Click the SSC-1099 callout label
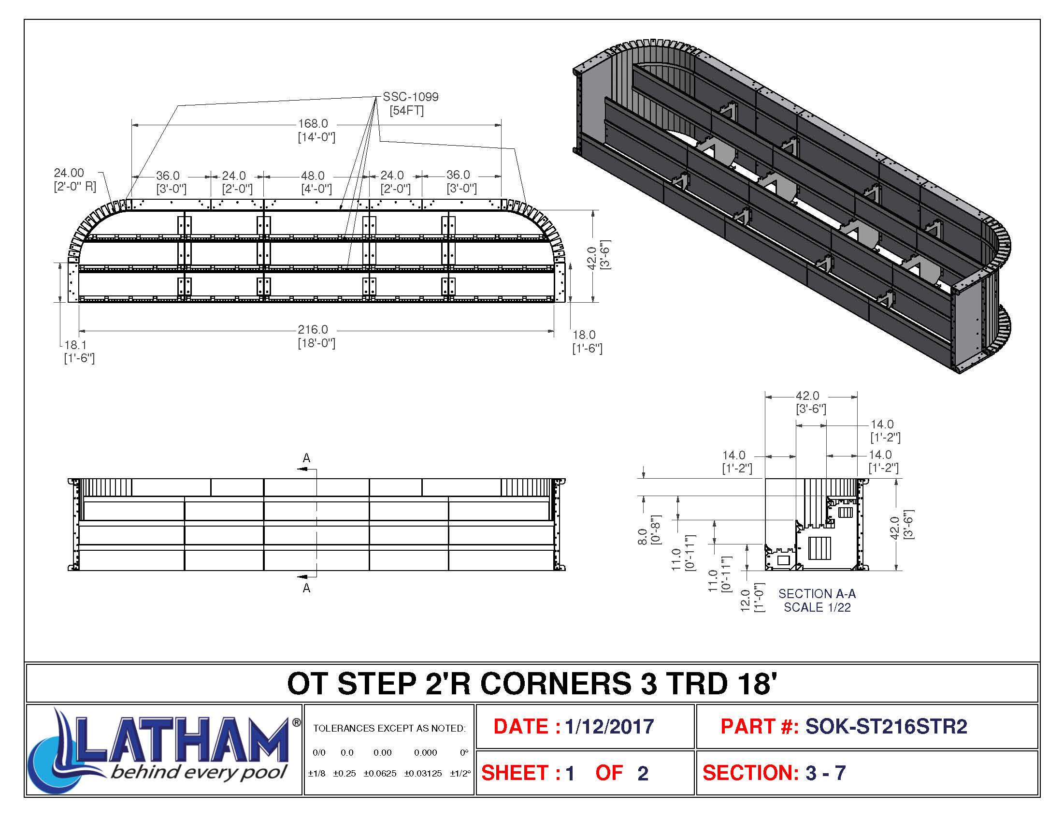pyautogui.click(x=410, y=97)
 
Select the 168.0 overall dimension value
pyautogui.click(x=313, y=124)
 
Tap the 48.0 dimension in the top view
pyautogui.click(x=313, y=176)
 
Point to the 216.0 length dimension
pyautogui.click(x=313, y=330)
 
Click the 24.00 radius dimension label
pyautogui.click(x=69, y=173)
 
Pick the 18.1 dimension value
pyautogui.click(x=75, y=345)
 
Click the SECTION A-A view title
pyautogui.click(x=817, y=594)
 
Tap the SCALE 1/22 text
pyautogui.click(x=817, y=607)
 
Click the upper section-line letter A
pyautogui.click(x=306, y=458)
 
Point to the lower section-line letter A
pyautogui.click(x=306, y=588)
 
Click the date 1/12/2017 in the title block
pyautogui.click(x=609, y=727)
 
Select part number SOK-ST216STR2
pyautogui.click(x=886, y=727)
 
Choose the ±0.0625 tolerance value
pyautogui.click(x=380, y=774)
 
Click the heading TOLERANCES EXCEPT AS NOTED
pyautogui.click(x=389, y=729)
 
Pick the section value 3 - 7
pyautogui.click(x=825, y=773)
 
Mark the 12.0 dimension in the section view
pyautogui.click(x=745, y=597)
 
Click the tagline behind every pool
pyautogui.click(x=199, y=772)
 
